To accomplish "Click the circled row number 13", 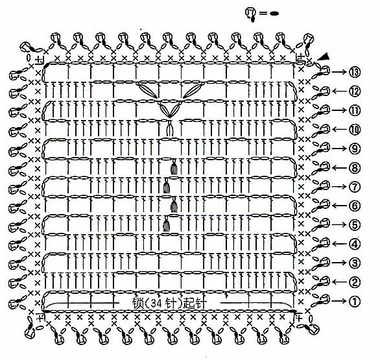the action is coord(355,72).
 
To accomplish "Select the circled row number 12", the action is coord(355,91).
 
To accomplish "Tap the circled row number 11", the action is coord(355,110).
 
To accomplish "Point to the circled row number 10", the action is coord(355,130).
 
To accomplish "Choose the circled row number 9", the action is coord(355,149).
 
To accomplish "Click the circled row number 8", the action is coord(355,167).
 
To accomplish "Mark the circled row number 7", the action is coord(355,187).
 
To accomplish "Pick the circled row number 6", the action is coord(355,206).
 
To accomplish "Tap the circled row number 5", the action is coord(355,224).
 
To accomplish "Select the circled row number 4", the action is coord(355,244).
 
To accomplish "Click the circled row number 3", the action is coord(355,263).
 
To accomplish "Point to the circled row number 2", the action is coord(355,282).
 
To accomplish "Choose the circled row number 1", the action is coord(355,301).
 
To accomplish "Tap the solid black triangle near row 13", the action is coord(324,56).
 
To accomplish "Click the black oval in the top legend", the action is coord(274,14).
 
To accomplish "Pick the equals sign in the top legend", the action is coord(263,14).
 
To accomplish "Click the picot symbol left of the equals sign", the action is coord(252,14).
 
